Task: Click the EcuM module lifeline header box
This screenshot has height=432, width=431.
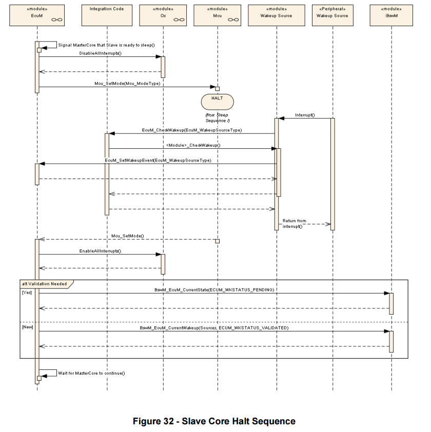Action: tap(37, 15)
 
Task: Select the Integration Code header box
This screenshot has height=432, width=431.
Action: tap(107, 15)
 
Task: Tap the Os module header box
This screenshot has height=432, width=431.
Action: tap(163, 15)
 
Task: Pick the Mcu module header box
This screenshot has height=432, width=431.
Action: tap(218, 15)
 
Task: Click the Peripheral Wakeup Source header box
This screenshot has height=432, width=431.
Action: tap(332, 15)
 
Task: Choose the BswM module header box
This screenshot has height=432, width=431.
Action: tap(391, 15)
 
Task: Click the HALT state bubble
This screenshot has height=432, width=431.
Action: tap(218, 102)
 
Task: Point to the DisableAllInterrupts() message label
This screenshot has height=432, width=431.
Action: tap(100, 53)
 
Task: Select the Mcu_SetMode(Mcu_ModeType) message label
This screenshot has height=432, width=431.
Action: tap(127, 84)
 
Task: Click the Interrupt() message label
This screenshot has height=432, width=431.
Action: tap(305, 115)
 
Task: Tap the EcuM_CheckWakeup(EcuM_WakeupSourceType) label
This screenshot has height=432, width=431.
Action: tap(192, 130)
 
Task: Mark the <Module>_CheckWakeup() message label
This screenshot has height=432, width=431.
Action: tap(193, 145)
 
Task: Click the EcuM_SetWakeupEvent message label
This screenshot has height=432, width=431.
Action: tap(158, 161)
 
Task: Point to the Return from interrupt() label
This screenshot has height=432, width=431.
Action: tap(295, 223)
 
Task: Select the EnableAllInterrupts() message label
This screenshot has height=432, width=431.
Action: tap(100, 251)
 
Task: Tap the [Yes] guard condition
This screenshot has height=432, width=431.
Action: tap(27, 292)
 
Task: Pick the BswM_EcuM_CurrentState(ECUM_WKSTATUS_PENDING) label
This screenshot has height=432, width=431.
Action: tap(214, 290)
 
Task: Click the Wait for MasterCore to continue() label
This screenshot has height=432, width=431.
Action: tap(91, 373)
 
